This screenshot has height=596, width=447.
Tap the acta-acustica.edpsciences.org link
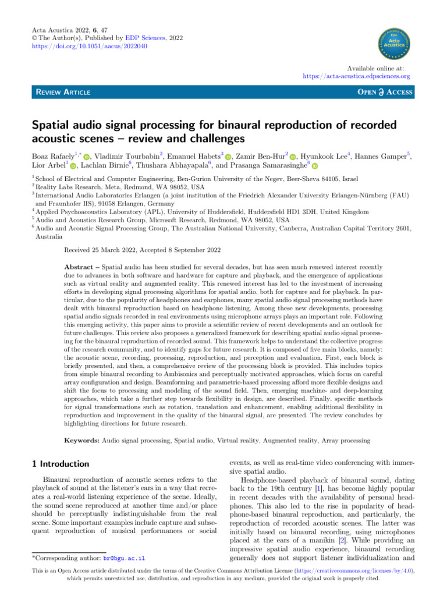(x=357, y=76)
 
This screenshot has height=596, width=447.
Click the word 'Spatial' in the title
(x=54, y=126)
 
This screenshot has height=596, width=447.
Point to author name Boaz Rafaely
(x=55, y=156)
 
